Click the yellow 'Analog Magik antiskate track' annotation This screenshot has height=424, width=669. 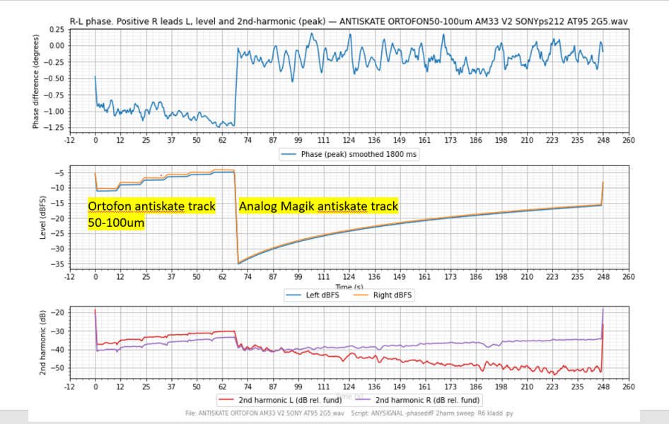[318, 206]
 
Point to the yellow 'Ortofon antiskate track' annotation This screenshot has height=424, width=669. [151, 206]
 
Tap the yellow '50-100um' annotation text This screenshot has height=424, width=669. [117, 223]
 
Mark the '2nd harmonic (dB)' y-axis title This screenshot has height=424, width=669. [45, 341]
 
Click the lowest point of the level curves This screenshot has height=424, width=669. [238, 263]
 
